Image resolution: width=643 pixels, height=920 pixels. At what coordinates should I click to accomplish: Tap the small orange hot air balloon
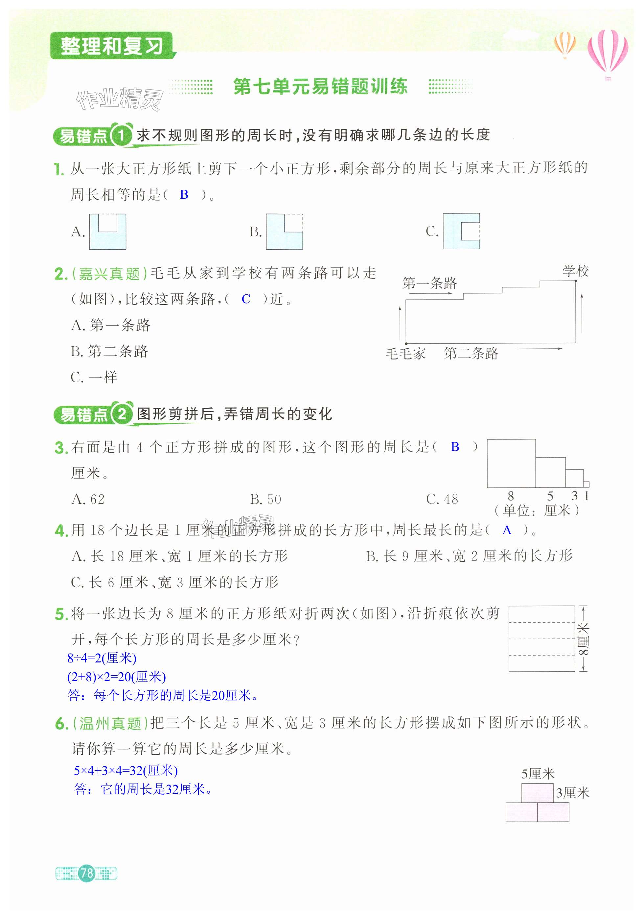tap(565, 44)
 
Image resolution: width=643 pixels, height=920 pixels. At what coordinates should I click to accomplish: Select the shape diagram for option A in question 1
tap(107, 232)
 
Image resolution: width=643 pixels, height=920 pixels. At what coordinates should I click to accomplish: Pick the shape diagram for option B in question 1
tap(284, 232)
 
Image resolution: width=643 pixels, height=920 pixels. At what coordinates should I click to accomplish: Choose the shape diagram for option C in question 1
tap(461, 231)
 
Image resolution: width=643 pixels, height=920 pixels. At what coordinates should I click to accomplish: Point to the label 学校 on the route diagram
tap(575, 271)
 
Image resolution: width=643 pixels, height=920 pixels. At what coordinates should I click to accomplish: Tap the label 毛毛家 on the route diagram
tap(405, 353)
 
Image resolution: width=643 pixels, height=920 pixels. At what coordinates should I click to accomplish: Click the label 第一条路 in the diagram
tap(429, 283)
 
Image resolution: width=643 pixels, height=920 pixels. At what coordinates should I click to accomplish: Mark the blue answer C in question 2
tap(246, 299)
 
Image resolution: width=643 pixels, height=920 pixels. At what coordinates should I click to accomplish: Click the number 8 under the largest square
tap(511, 496)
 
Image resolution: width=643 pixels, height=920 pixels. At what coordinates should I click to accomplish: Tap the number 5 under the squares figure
tap(550, 496)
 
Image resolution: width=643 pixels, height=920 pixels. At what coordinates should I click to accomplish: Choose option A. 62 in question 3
tap(88, 499)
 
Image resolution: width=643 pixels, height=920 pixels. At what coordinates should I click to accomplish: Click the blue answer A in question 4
tap(507, 530)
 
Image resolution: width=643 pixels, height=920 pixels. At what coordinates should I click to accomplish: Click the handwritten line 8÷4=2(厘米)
tap(102, 658)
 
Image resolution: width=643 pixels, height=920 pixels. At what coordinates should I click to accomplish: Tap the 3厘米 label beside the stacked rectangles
tap(573, 793)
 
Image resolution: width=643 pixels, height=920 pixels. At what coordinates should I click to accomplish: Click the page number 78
tap(86, 873)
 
